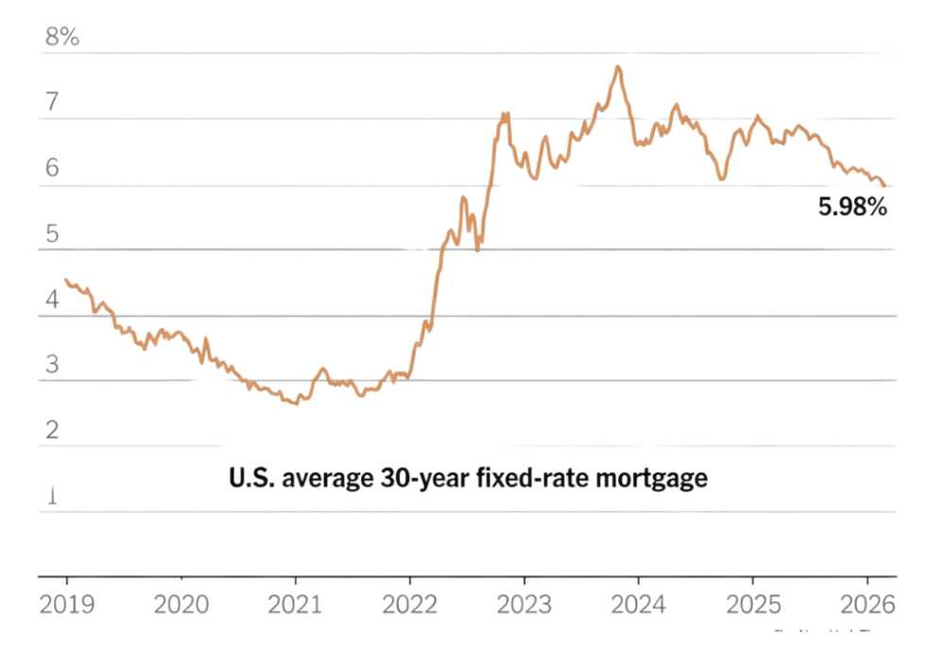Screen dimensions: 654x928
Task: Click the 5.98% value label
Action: point(851,207)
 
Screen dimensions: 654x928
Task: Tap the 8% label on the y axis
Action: point(62,37)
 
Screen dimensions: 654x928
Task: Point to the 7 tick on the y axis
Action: point(53,102)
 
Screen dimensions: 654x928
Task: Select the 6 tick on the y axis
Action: point(53,168)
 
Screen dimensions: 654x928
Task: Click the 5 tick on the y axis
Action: point(53,233)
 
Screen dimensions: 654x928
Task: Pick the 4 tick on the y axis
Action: point(53,300)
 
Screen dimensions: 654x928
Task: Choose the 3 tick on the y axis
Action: point(53,365)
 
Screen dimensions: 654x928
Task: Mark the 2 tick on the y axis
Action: point(53,430)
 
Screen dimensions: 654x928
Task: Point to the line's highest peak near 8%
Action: point(618,67)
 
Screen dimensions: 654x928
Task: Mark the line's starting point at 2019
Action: point(65,280)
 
